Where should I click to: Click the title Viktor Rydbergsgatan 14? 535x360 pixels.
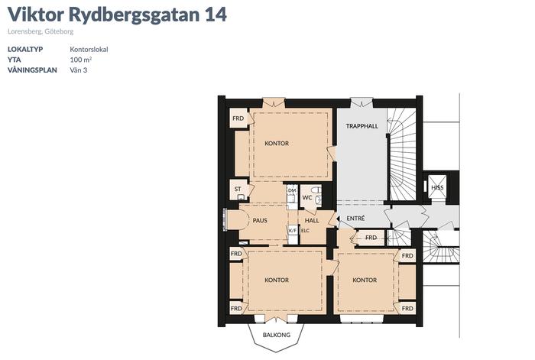point(117,15)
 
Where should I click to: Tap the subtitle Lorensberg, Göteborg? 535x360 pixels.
point(41,32)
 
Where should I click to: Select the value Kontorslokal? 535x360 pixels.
point(89,50)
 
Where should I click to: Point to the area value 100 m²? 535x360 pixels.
point(81,60)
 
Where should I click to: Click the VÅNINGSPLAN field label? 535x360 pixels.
point(32,70)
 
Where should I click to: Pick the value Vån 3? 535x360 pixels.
point(79,70)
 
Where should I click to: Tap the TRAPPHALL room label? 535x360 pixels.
point(362,126)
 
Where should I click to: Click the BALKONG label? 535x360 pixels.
point(277,335)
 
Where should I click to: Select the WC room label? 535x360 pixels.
point(307,197)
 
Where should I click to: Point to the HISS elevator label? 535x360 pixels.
point(437,188)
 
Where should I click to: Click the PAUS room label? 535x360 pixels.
point(260,221)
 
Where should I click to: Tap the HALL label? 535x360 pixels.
point(312,221)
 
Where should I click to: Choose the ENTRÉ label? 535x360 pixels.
point(355,219)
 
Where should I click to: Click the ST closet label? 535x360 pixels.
point(238,189)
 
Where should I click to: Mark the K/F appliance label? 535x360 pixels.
point(293,231)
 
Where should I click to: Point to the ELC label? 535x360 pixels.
point(306,231)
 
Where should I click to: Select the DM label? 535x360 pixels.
point(292,190)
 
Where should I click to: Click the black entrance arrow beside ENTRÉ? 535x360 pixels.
point(338,219)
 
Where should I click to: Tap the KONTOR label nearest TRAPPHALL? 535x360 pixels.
point(277,144)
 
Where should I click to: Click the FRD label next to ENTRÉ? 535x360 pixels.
point(371,238)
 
